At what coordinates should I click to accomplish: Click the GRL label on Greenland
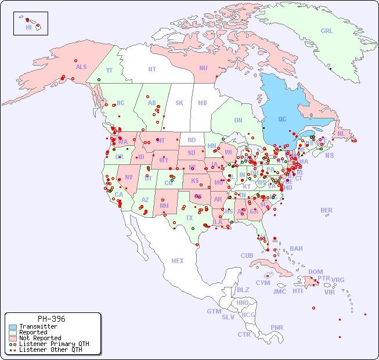(x=327, y=31)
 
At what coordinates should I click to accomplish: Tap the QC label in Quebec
(x=282, y=120)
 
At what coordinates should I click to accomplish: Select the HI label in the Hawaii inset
(x=28, y=27)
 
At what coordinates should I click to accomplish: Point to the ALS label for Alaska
(x=81, y=67)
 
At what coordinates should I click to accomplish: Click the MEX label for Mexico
(x=178, y=261)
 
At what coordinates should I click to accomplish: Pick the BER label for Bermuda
(x=327, y=210)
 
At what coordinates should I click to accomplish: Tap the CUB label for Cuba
(x=247, y=255)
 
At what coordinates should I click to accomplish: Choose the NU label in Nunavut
(x=203, y=68)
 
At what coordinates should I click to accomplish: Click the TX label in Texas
(x=189, y=218)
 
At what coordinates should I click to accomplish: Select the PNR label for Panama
(x=277, y=327)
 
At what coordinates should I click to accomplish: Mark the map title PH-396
(x=51, y=319)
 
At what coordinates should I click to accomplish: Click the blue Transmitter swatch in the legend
(x=13, y=327)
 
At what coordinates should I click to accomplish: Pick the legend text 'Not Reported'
(x=40, y=338)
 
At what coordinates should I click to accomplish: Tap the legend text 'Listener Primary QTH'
(x=54, y=344)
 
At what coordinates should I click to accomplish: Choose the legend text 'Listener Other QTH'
(x=50, y=350)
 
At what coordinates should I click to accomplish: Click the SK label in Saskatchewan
(x=179, y=103)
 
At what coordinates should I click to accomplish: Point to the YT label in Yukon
(x=109, y=70)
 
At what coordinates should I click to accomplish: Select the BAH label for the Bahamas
(x=296, y=249)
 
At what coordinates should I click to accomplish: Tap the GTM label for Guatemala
(x=214, y=311)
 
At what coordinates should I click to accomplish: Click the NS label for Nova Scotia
(x=330, y=156)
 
